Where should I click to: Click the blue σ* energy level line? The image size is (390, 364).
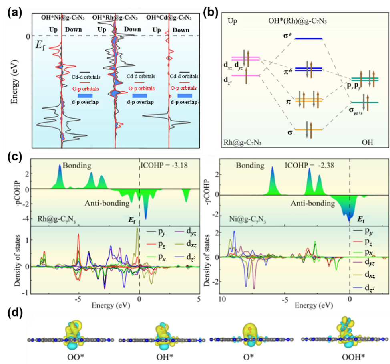[309, 38]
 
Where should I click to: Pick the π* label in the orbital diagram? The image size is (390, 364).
[288, 70]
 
